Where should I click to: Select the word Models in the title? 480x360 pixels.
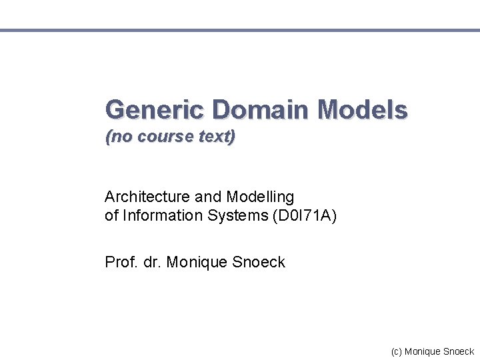click(x=363, y=109)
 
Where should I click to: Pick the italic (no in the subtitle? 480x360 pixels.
click(x=117, y=137)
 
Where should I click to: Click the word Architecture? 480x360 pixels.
click(x=147, y=197)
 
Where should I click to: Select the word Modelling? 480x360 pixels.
click(x=260, y=197)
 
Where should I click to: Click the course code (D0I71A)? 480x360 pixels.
click(x=304, y=216)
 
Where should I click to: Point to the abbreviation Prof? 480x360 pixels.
click(x=119, y=262)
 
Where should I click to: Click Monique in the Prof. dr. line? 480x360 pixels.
click(x=197, y=263)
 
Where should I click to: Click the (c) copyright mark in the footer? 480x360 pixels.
click(x=397, y=351)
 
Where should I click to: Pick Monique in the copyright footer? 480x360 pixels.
click(x=423, y=351)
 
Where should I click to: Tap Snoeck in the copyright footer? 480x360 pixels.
click(x=459, y=351)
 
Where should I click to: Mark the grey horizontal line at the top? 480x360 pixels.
click(x=240, y=30)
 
